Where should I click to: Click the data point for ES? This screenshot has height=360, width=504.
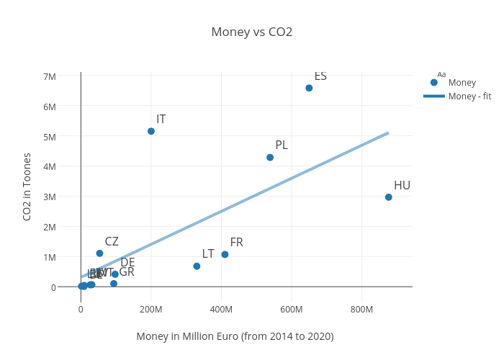309,88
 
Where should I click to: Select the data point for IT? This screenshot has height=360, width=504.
151,131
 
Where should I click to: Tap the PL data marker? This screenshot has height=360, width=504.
270,158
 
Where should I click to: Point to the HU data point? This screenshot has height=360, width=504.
389,197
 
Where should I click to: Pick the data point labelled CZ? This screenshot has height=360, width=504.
99,253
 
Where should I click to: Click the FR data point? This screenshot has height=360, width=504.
225,254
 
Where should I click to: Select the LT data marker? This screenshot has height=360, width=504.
197,266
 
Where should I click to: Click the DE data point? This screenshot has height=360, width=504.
115,274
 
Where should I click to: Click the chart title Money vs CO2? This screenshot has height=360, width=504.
251,32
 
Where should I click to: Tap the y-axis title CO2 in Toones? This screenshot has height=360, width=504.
27,186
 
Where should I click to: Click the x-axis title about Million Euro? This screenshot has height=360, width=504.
235,336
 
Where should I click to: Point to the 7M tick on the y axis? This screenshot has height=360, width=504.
50,76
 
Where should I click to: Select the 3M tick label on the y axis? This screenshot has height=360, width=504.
50,197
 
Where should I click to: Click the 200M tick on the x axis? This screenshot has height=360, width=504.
151,310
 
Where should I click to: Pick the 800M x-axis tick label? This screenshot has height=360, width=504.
361,310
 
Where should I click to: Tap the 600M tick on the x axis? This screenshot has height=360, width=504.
292,310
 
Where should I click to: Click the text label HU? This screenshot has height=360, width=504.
402,186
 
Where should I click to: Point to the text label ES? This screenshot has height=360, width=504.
320,76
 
